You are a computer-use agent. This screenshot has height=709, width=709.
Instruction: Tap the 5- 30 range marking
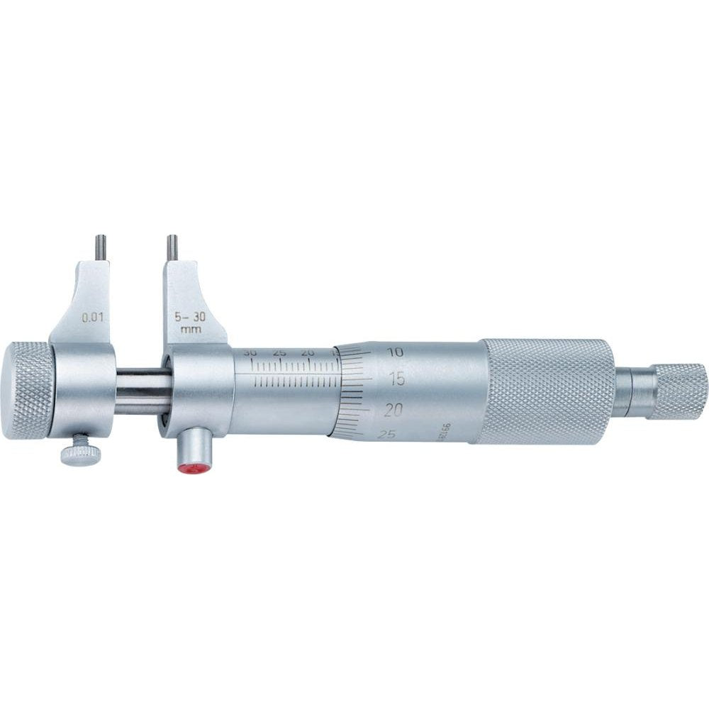189,318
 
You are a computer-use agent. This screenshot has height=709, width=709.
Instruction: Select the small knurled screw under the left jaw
79,450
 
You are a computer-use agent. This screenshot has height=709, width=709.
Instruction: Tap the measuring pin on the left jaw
101,248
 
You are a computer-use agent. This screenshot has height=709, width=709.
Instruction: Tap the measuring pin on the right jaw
172,248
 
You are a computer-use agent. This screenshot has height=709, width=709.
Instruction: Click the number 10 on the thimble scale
396,351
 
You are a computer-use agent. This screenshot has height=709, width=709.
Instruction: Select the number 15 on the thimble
398,379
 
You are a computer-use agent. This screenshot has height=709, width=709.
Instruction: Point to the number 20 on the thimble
395,409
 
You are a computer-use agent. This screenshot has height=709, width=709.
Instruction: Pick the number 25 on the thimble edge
387,434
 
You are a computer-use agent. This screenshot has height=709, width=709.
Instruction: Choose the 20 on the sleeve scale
307,352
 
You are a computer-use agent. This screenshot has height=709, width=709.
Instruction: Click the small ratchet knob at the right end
679,391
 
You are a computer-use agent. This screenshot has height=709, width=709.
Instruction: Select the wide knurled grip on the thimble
546,391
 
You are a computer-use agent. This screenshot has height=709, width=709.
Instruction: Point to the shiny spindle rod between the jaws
142,392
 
